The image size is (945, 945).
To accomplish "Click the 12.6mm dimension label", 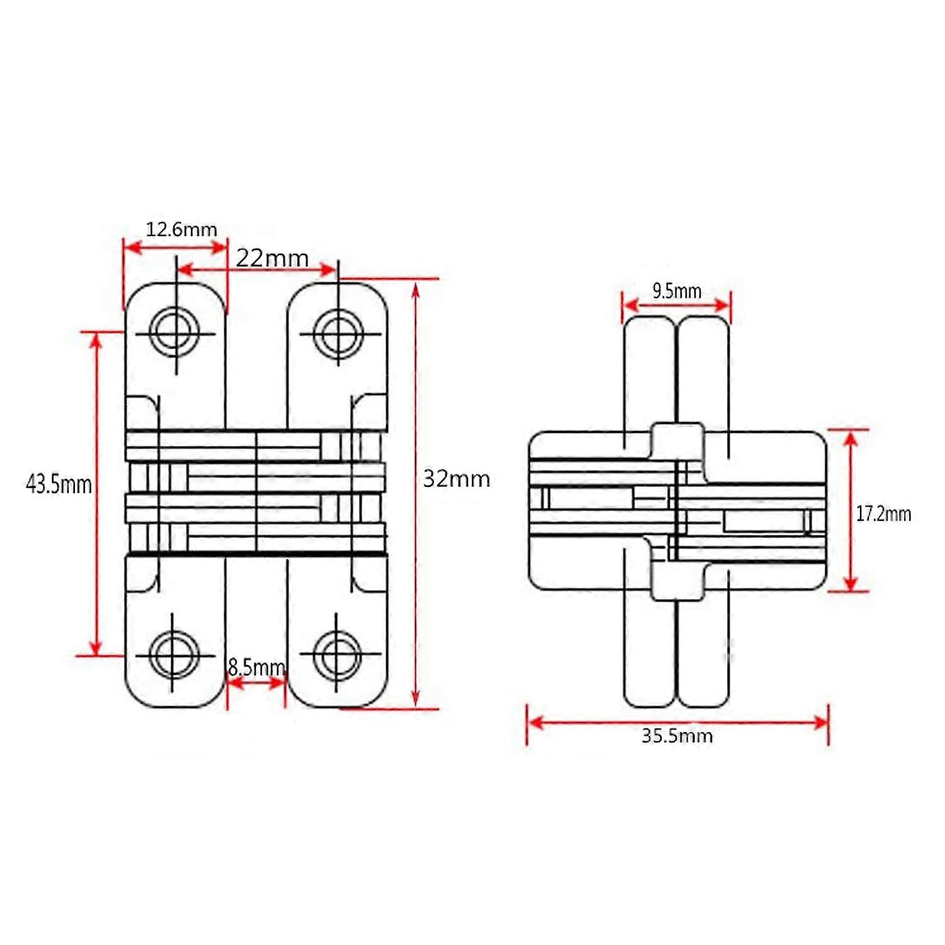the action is [x=181, y=229].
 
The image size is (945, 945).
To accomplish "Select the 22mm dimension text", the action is [x=272, y=258].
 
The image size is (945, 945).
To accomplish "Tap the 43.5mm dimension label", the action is [x=59, y=484].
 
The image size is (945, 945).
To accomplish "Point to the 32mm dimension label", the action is [x=456, y=479].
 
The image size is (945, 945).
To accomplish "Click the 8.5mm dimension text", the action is [x=256, y=667].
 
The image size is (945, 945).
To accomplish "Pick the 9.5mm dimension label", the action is [x=677, y=291].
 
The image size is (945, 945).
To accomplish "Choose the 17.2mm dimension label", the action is [x=883, y=514].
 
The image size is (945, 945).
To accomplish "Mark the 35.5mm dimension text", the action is [x=677, y=736].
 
